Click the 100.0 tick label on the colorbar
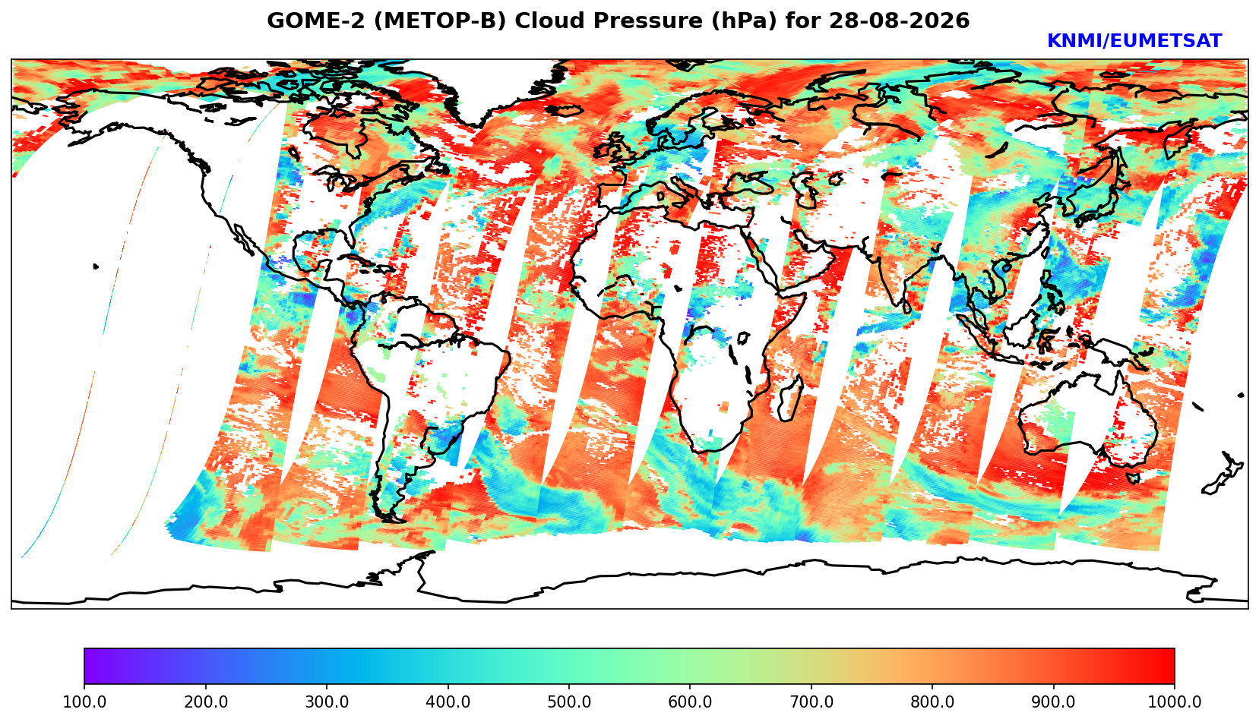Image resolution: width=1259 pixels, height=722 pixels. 84,702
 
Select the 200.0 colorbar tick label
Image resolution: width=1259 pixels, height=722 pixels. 206,702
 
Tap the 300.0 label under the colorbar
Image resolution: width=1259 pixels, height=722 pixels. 327,702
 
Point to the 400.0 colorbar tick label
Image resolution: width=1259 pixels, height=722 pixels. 448,702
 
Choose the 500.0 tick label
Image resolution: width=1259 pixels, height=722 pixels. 569,702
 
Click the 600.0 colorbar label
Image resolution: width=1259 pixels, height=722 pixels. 690,702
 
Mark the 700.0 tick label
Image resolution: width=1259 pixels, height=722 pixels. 811,702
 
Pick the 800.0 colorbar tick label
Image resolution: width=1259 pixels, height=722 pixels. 932,702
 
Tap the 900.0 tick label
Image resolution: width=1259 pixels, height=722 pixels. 1053,702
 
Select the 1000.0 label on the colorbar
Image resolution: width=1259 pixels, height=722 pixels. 1174,702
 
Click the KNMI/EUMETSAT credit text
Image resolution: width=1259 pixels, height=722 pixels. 1134,41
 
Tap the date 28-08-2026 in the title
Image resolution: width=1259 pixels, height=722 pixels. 900,21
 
